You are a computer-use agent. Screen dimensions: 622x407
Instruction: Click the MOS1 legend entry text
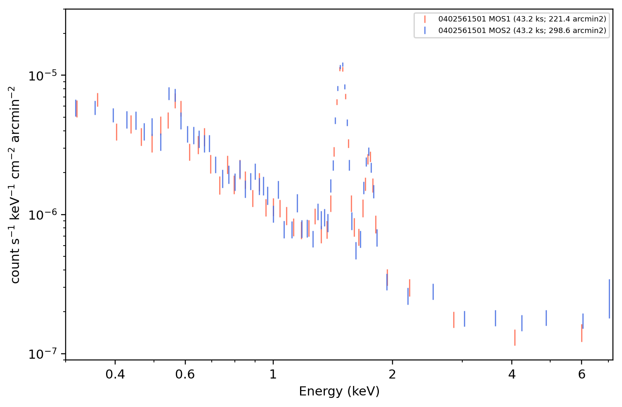522,19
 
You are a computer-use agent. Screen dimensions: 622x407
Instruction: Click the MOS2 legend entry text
522,31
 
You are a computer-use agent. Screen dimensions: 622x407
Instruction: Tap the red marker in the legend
425,19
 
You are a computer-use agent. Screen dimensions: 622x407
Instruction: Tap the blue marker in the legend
425,31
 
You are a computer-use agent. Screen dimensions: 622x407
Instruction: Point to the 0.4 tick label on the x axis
115,374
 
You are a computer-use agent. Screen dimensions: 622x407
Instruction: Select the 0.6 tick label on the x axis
185,374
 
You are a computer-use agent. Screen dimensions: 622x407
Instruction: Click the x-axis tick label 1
273,374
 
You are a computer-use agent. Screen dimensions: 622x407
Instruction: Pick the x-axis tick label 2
392,374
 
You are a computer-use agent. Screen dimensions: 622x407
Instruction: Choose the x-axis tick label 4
512,374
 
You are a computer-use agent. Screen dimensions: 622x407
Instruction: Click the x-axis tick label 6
582,374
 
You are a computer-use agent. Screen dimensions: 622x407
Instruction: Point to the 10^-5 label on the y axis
43,76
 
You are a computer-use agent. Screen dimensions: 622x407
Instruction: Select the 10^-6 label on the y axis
43,215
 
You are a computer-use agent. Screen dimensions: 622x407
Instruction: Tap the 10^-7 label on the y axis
43,354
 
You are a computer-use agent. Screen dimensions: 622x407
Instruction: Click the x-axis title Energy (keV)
339,391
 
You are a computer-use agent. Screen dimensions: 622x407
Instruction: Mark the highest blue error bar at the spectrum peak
343,65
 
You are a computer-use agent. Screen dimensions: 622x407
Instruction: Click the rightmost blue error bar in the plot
609,299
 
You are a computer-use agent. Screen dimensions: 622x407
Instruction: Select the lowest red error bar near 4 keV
515,338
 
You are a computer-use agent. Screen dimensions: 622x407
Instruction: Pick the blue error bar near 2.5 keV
433,292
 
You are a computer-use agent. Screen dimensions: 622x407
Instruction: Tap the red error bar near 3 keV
454,320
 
